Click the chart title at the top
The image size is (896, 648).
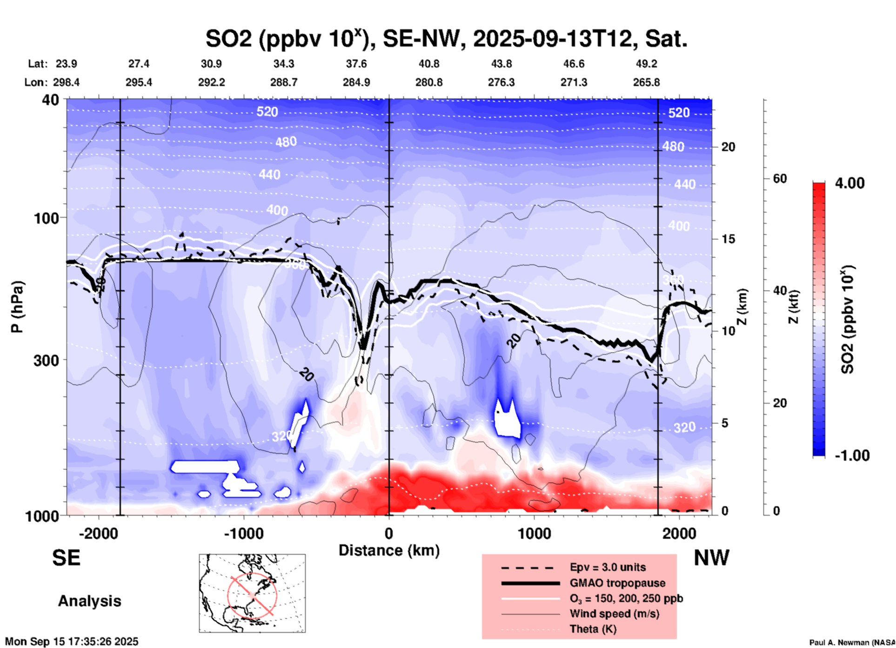coord(446,39)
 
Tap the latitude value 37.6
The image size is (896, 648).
coord(356,64)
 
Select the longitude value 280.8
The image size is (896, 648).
coord(428,83)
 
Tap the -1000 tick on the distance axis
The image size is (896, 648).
coord(243,533)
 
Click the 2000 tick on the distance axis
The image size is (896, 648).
coord(679,533)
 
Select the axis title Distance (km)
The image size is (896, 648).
coord(389,550)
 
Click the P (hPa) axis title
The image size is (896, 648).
coord(17,307)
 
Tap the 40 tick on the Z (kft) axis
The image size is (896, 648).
coord(779,291)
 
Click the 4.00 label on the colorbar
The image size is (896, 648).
coord(849,183)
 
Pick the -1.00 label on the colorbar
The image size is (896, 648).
coord(852,456)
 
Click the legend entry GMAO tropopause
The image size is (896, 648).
coord(617,583)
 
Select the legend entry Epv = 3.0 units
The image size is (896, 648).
coord(608,568)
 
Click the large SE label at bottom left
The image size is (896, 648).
coord(66,558)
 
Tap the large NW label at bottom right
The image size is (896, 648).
coord(711,558)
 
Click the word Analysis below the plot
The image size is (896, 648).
coord(89,601)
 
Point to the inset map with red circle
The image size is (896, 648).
coord(252,593)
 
